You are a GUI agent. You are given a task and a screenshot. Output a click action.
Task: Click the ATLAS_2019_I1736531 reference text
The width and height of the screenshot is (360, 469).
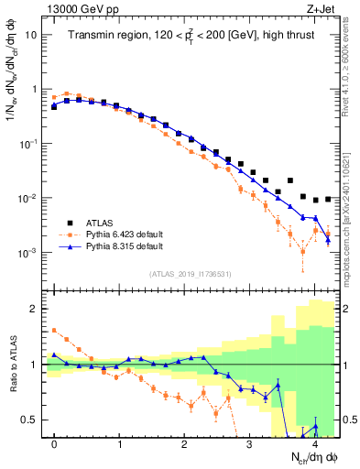pyautogui.click(x=191, y=274)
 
